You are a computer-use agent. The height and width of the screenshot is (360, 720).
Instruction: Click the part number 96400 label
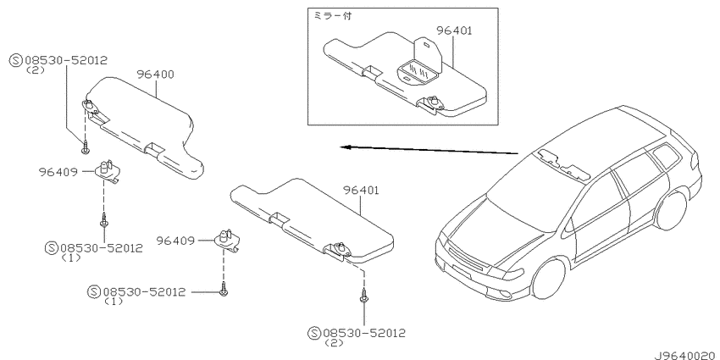(156, 75)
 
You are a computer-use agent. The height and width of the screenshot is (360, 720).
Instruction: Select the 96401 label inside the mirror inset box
(454, 30)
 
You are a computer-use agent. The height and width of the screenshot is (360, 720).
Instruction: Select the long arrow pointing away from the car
(429, 150)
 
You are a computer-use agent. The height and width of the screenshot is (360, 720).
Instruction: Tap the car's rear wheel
(672, 210)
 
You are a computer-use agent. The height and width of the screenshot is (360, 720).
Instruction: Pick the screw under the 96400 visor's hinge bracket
(85, 148)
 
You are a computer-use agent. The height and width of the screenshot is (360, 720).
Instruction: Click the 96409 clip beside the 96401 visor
(228, 241)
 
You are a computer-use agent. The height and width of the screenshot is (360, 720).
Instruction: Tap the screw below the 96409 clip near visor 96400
(104, 220)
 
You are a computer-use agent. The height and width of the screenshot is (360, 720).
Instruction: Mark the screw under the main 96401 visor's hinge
(363, 296)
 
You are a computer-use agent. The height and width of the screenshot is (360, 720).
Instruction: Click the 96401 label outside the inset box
(361, 190)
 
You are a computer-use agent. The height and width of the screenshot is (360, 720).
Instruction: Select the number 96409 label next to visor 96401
(175, 241)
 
